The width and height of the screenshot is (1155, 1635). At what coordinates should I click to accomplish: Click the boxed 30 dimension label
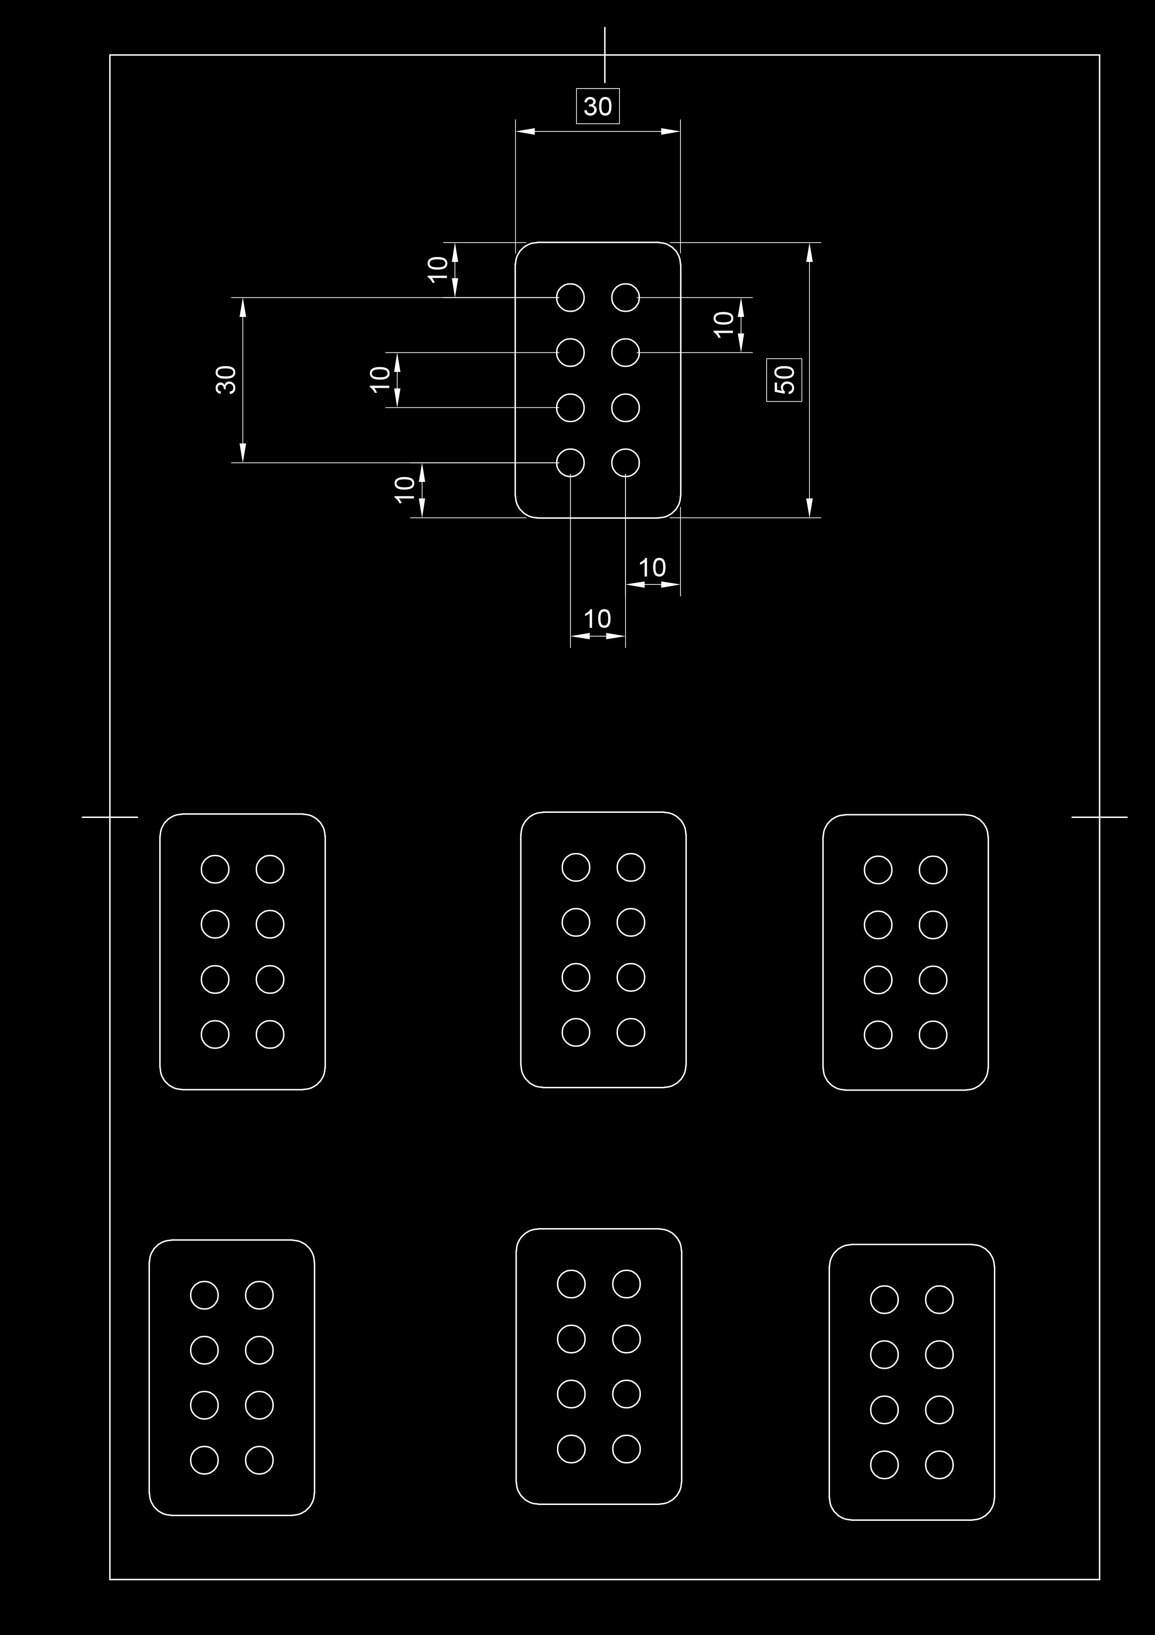[598, 106]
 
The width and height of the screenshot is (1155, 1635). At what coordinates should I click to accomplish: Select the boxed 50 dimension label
[784, 379]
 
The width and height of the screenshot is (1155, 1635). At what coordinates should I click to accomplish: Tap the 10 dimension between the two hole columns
[597, 619]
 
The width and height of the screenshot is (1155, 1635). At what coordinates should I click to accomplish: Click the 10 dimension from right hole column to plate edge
[652, 568]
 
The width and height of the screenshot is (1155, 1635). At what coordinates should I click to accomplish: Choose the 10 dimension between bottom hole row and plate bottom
[404, 489]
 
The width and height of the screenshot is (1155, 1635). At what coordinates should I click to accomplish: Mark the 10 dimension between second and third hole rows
[380, 379]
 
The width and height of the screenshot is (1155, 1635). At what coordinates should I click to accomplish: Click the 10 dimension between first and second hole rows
[723, 324]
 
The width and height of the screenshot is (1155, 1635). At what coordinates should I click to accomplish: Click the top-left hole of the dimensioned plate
[570, 297]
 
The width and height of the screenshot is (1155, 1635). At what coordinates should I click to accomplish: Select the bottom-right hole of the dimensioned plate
[625, 463]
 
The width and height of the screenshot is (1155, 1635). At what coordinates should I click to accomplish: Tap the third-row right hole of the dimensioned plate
[625, 407]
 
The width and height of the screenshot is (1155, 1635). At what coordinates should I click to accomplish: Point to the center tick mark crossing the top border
[605, 55]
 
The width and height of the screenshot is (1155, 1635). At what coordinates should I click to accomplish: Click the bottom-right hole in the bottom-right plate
[938, 1465]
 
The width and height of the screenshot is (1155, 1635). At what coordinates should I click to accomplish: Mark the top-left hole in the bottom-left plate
[204, 1295]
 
